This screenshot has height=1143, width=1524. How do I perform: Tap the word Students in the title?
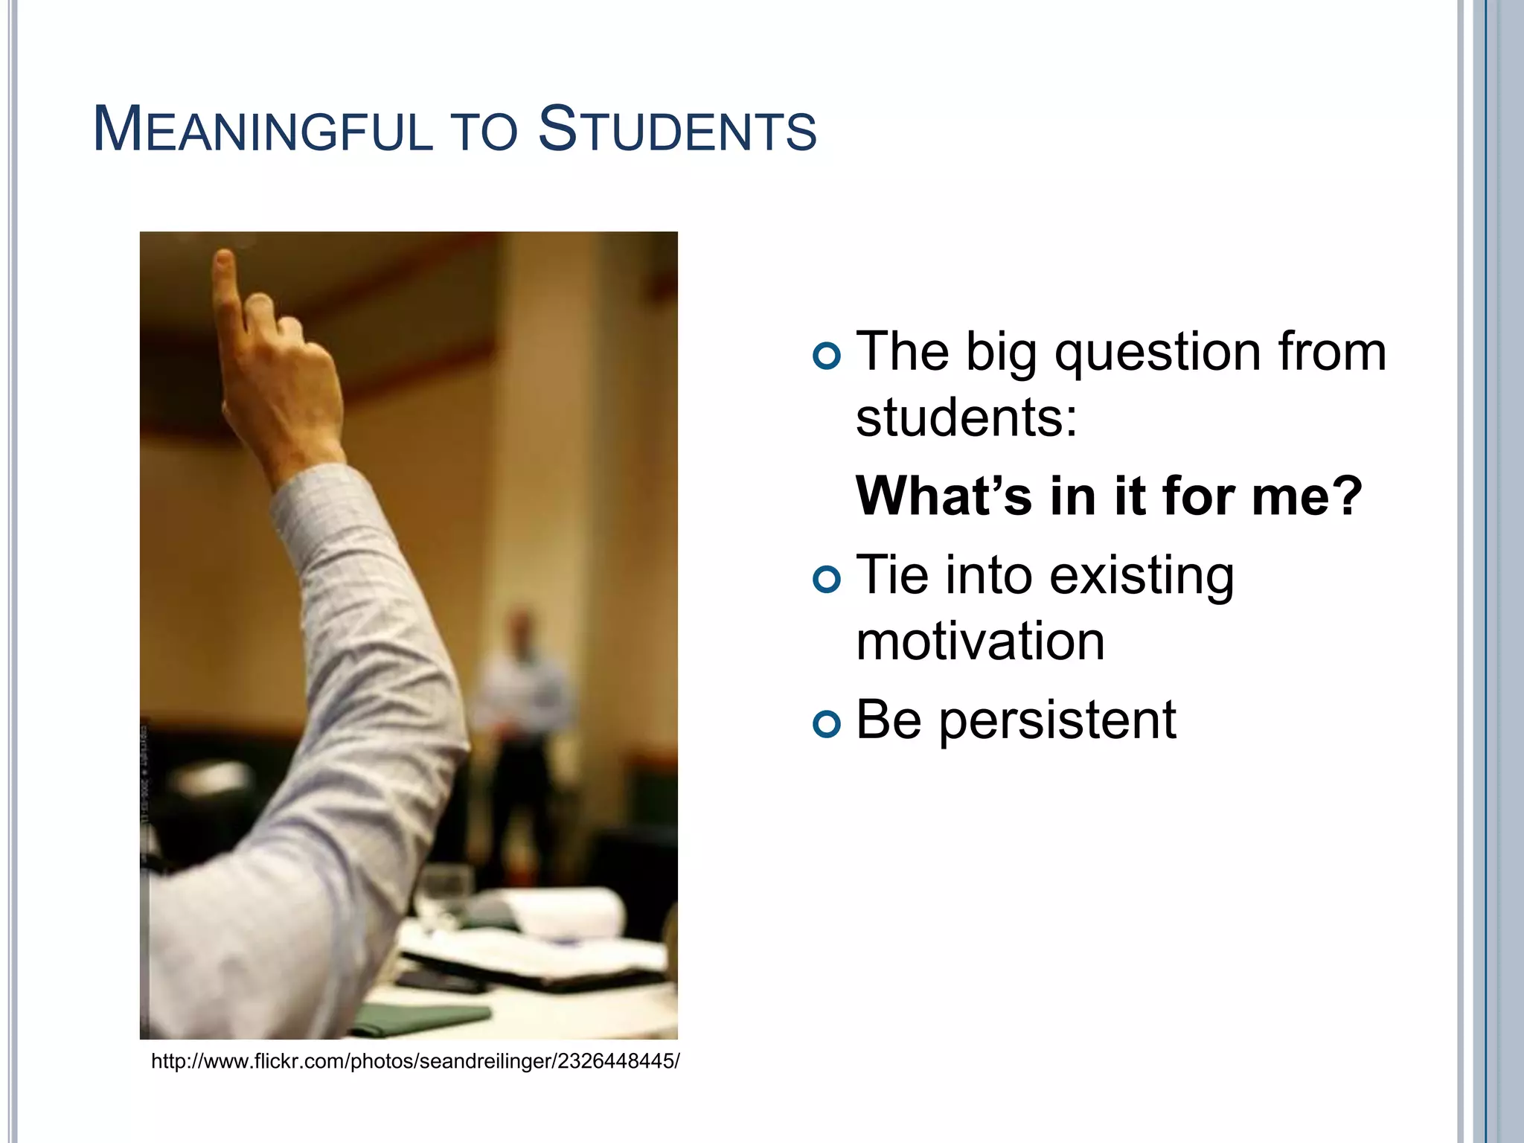click(676, 130)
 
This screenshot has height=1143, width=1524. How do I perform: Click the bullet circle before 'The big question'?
click(827, 356)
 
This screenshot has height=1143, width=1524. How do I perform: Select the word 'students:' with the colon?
click(966, 418)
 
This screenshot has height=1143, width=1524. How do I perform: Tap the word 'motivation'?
click(980, 642)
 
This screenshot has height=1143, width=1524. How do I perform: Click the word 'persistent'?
click(1057, 721)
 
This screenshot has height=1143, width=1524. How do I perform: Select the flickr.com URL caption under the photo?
click(414, 1061)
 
